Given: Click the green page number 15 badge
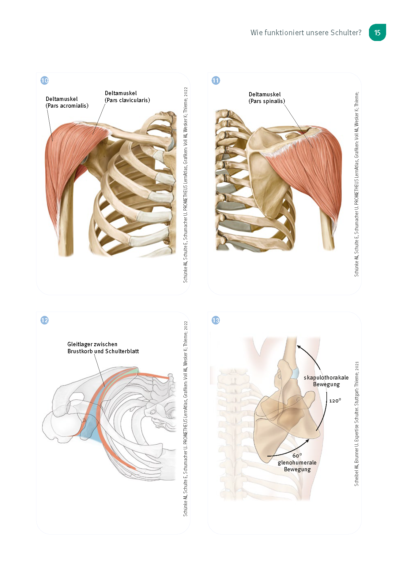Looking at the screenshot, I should coord(377,32).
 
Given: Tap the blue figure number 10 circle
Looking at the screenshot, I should coord(45,80).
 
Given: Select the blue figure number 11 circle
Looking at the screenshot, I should coord(216,80).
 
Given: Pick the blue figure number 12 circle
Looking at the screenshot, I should coord(45,320).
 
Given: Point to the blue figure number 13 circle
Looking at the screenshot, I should coord(216,320).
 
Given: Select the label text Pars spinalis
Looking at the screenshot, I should coord(267,101).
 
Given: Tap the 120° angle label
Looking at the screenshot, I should coord(335,401).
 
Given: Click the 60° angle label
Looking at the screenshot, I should coord(297,456).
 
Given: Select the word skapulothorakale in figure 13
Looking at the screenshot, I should coord(326,378).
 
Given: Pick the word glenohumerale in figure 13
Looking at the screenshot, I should coord(297,463).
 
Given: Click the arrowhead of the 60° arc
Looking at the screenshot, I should coord(308,441).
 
